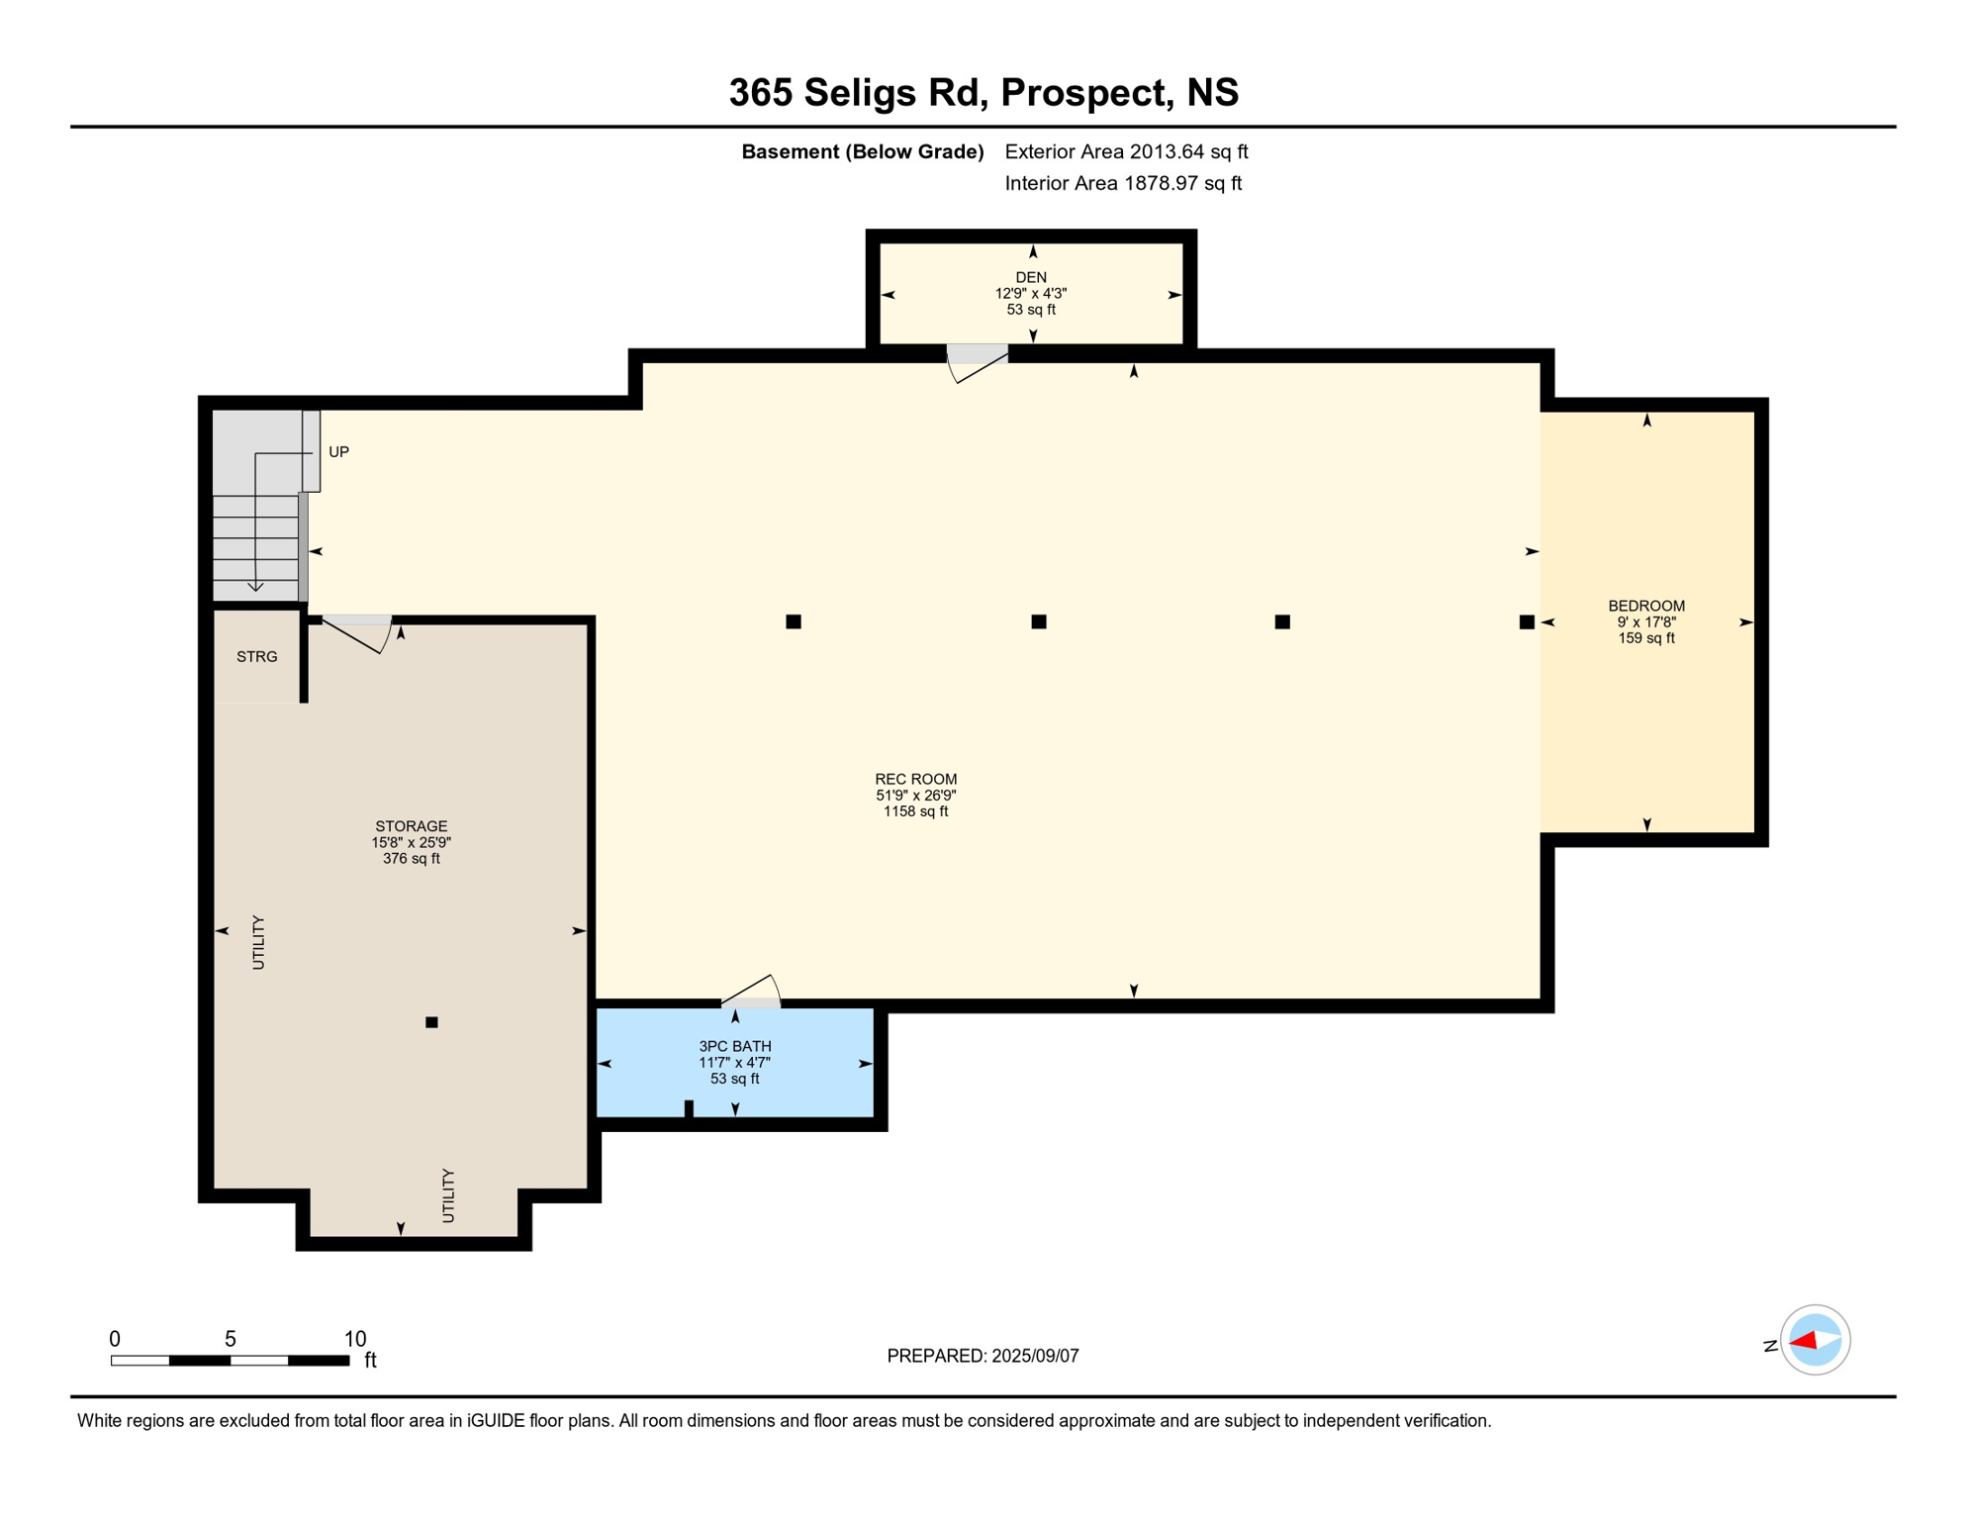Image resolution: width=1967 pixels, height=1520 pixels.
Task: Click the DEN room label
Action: click(1031, 277)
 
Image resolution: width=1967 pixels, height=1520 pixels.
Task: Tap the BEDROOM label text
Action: click(1645, 606)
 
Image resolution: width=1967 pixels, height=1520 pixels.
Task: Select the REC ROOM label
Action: click(915, 779)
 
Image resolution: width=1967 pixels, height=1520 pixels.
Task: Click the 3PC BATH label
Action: click(734, 1046)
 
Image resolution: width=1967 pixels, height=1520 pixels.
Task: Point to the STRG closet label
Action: click(256, 656)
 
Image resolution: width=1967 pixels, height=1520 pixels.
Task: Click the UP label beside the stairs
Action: click(338, 451)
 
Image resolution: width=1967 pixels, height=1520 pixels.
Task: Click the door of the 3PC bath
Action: click(751, 992)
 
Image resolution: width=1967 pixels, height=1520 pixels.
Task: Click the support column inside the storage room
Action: click(431, 1022)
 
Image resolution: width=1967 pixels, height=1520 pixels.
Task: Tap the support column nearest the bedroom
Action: click(1527, 621)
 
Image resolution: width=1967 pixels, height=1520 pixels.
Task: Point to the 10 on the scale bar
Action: click(355, 1339)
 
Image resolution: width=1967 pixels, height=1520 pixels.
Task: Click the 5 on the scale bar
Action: click(230, 1339)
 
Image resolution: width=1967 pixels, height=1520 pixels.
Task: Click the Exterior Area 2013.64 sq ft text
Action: click(1126, 151)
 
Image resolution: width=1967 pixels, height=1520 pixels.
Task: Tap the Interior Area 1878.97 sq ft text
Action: click(1122, 183)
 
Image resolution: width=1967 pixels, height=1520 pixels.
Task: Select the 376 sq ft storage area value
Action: click(411, 858)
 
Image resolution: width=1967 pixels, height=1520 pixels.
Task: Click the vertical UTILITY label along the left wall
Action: click(258, 941)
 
